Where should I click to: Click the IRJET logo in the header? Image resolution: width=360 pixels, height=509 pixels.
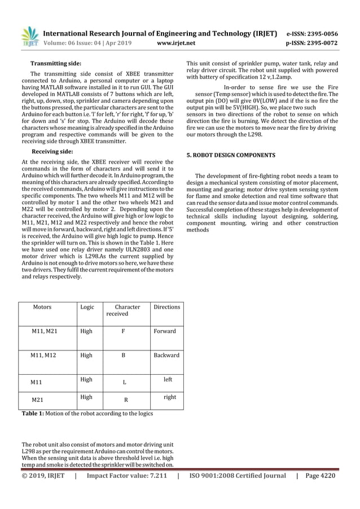click(30, 37)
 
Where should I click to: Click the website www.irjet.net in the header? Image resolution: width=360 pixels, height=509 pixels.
click(178, 42)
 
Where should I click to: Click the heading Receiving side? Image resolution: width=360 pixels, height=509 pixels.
click(51, 152)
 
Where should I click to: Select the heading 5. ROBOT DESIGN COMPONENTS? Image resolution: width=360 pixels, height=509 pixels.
click(231, 155)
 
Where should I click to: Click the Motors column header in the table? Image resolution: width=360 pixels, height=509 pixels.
click(42, 307)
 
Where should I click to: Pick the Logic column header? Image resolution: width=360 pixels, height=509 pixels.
click(87, 307)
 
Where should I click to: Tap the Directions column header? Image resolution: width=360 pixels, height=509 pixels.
click(167, 307)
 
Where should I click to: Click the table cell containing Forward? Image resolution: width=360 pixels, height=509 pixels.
click(165, 331)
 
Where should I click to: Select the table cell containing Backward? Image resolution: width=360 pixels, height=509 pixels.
click(166, 356)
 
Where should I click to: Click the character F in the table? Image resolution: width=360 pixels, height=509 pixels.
click(124, 331)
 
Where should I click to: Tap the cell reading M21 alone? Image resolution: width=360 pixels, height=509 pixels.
click(37, 400)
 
